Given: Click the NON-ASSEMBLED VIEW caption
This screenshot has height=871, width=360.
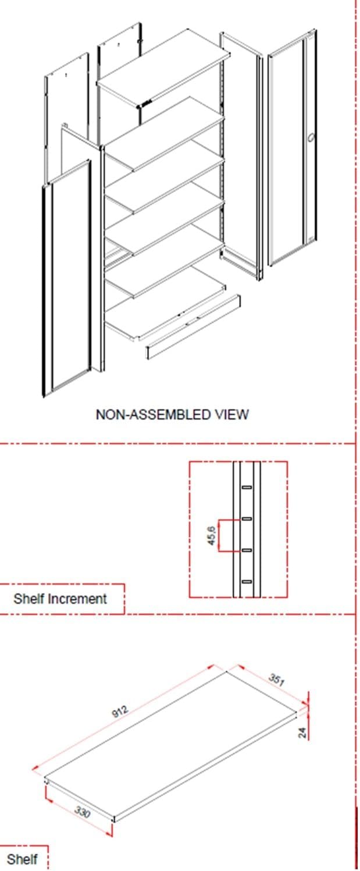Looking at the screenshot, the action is pyautogui.click(x=172, y=414).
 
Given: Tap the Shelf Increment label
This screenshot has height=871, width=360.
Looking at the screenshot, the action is pyautogui.click(x=60, y=599).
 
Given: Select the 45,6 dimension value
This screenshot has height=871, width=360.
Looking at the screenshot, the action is pyautogui.click(x=212, y=535).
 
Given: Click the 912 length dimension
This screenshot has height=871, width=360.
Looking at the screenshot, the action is pyautogui.click(x=120, y=711).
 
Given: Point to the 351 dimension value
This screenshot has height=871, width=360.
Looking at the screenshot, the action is pyautogui.click(x=277, y=679).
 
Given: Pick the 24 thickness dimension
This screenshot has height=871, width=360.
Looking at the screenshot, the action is pyautogui.click(x=302, y=733).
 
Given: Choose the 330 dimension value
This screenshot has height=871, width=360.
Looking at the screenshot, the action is pyautogui.click(x=82, y=812).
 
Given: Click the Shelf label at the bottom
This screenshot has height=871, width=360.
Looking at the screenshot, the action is pyautogui.click(x=22, y=859).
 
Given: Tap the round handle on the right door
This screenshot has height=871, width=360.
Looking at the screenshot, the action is pyautogui.click(x=311, y=137).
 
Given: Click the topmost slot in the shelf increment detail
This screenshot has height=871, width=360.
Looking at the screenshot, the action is pyautogui.click(x=247, y=487).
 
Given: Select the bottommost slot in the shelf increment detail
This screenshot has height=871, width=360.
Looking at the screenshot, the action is pyautogui.click(x=247, y=582).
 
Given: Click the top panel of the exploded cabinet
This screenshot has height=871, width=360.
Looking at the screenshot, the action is pyautogui.click(x=163, y=67).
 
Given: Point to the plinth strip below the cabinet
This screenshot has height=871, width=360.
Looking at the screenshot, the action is pyautogui.click(x=193, y=327).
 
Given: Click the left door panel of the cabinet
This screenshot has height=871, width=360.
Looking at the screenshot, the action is pyautogui.click(x=67, y=278).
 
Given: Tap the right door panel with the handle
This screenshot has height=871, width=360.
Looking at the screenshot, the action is pyautogui.click(x=291, y=147).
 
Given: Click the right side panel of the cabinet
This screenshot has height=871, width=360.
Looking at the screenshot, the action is pyautogui.click(x=241, y=155).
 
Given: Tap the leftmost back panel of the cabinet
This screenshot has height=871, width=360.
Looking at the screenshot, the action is pyautogui.click(x=66, y=116).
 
